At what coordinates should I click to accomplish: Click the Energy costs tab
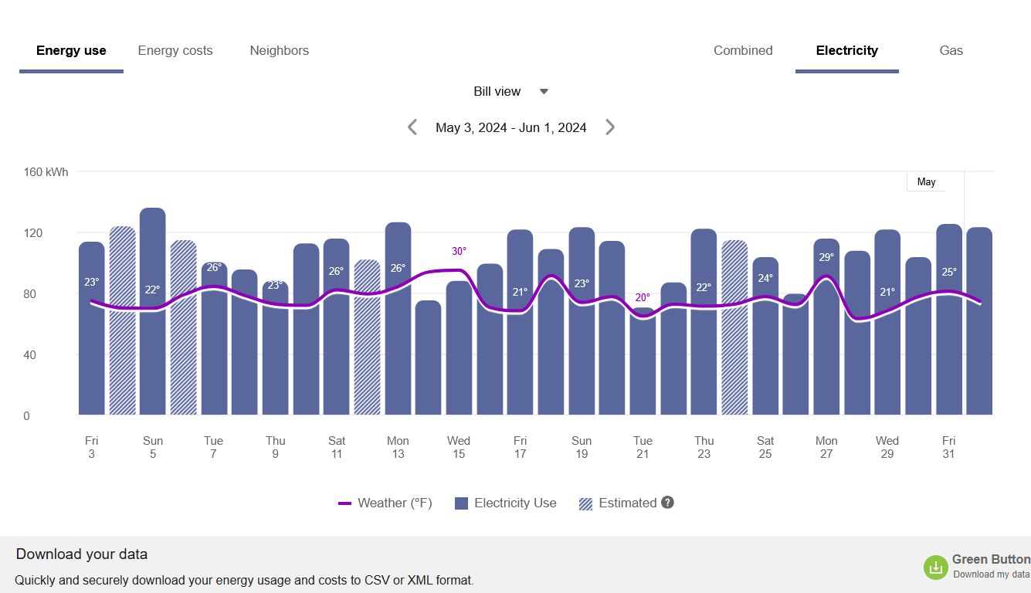pos(175,51)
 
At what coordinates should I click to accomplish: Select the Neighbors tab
pos(279,51)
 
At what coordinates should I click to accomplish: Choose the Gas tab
pos(951,51)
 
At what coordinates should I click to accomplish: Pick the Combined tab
pos(743,51)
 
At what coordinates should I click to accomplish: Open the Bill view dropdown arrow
pos(544,91)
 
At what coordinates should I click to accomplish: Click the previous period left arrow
pos(412,127)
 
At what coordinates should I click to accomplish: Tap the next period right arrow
pos(610,127)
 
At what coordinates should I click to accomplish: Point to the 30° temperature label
pos(459,252)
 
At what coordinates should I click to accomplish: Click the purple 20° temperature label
pos(643,297)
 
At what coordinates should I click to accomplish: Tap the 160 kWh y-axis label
pos(46,172)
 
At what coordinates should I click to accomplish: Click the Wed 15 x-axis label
pos(459,447)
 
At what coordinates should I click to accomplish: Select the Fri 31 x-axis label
pos(948,447)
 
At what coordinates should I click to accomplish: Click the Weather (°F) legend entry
pos(385,503)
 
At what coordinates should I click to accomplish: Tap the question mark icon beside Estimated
pos(668,503)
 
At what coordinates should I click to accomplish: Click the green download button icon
pos(935,568)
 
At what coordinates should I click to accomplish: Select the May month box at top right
pos(926,182)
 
